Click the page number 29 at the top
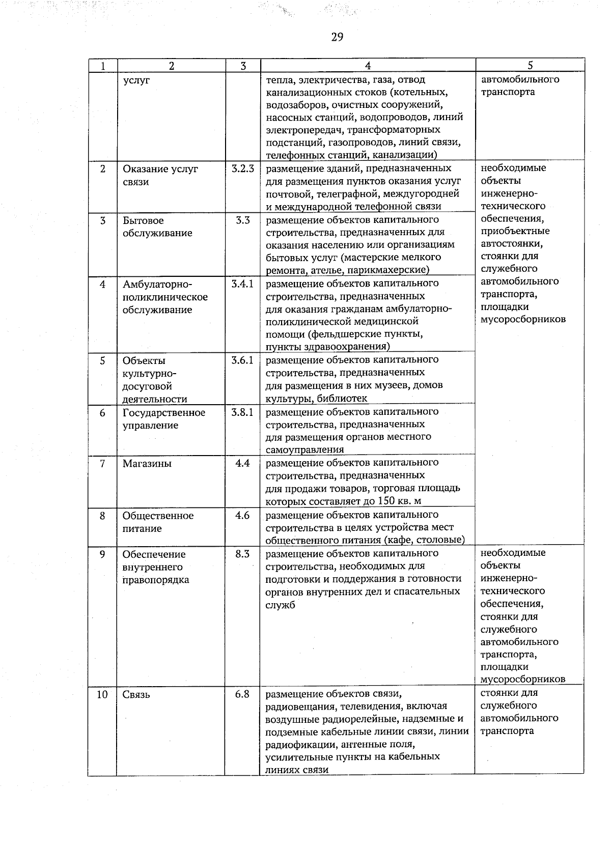(x=337, y=37)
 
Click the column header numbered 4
(x=368, y=66)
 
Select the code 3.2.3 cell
(x=242, y=168)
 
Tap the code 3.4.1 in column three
(x=242, y=284)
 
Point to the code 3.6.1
(x=242, y=360)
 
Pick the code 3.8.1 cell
(x=242, y=412)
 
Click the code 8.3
(x=242, y=554)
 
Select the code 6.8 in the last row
(x=242, y=694)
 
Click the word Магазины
(x=147, y=464)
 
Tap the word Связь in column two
(x=136, y=695)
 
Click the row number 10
(x=102, y=694)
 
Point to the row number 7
(x=102, y=464)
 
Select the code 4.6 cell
(x=242, y=515)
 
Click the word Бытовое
(x=143, y=220)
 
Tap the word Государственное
(x=164, y=412)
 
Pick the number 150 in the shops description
(x=388, y=500)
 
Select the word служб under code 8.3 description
(x=280, y=605)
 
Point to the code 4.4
(x=242, y=463)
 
